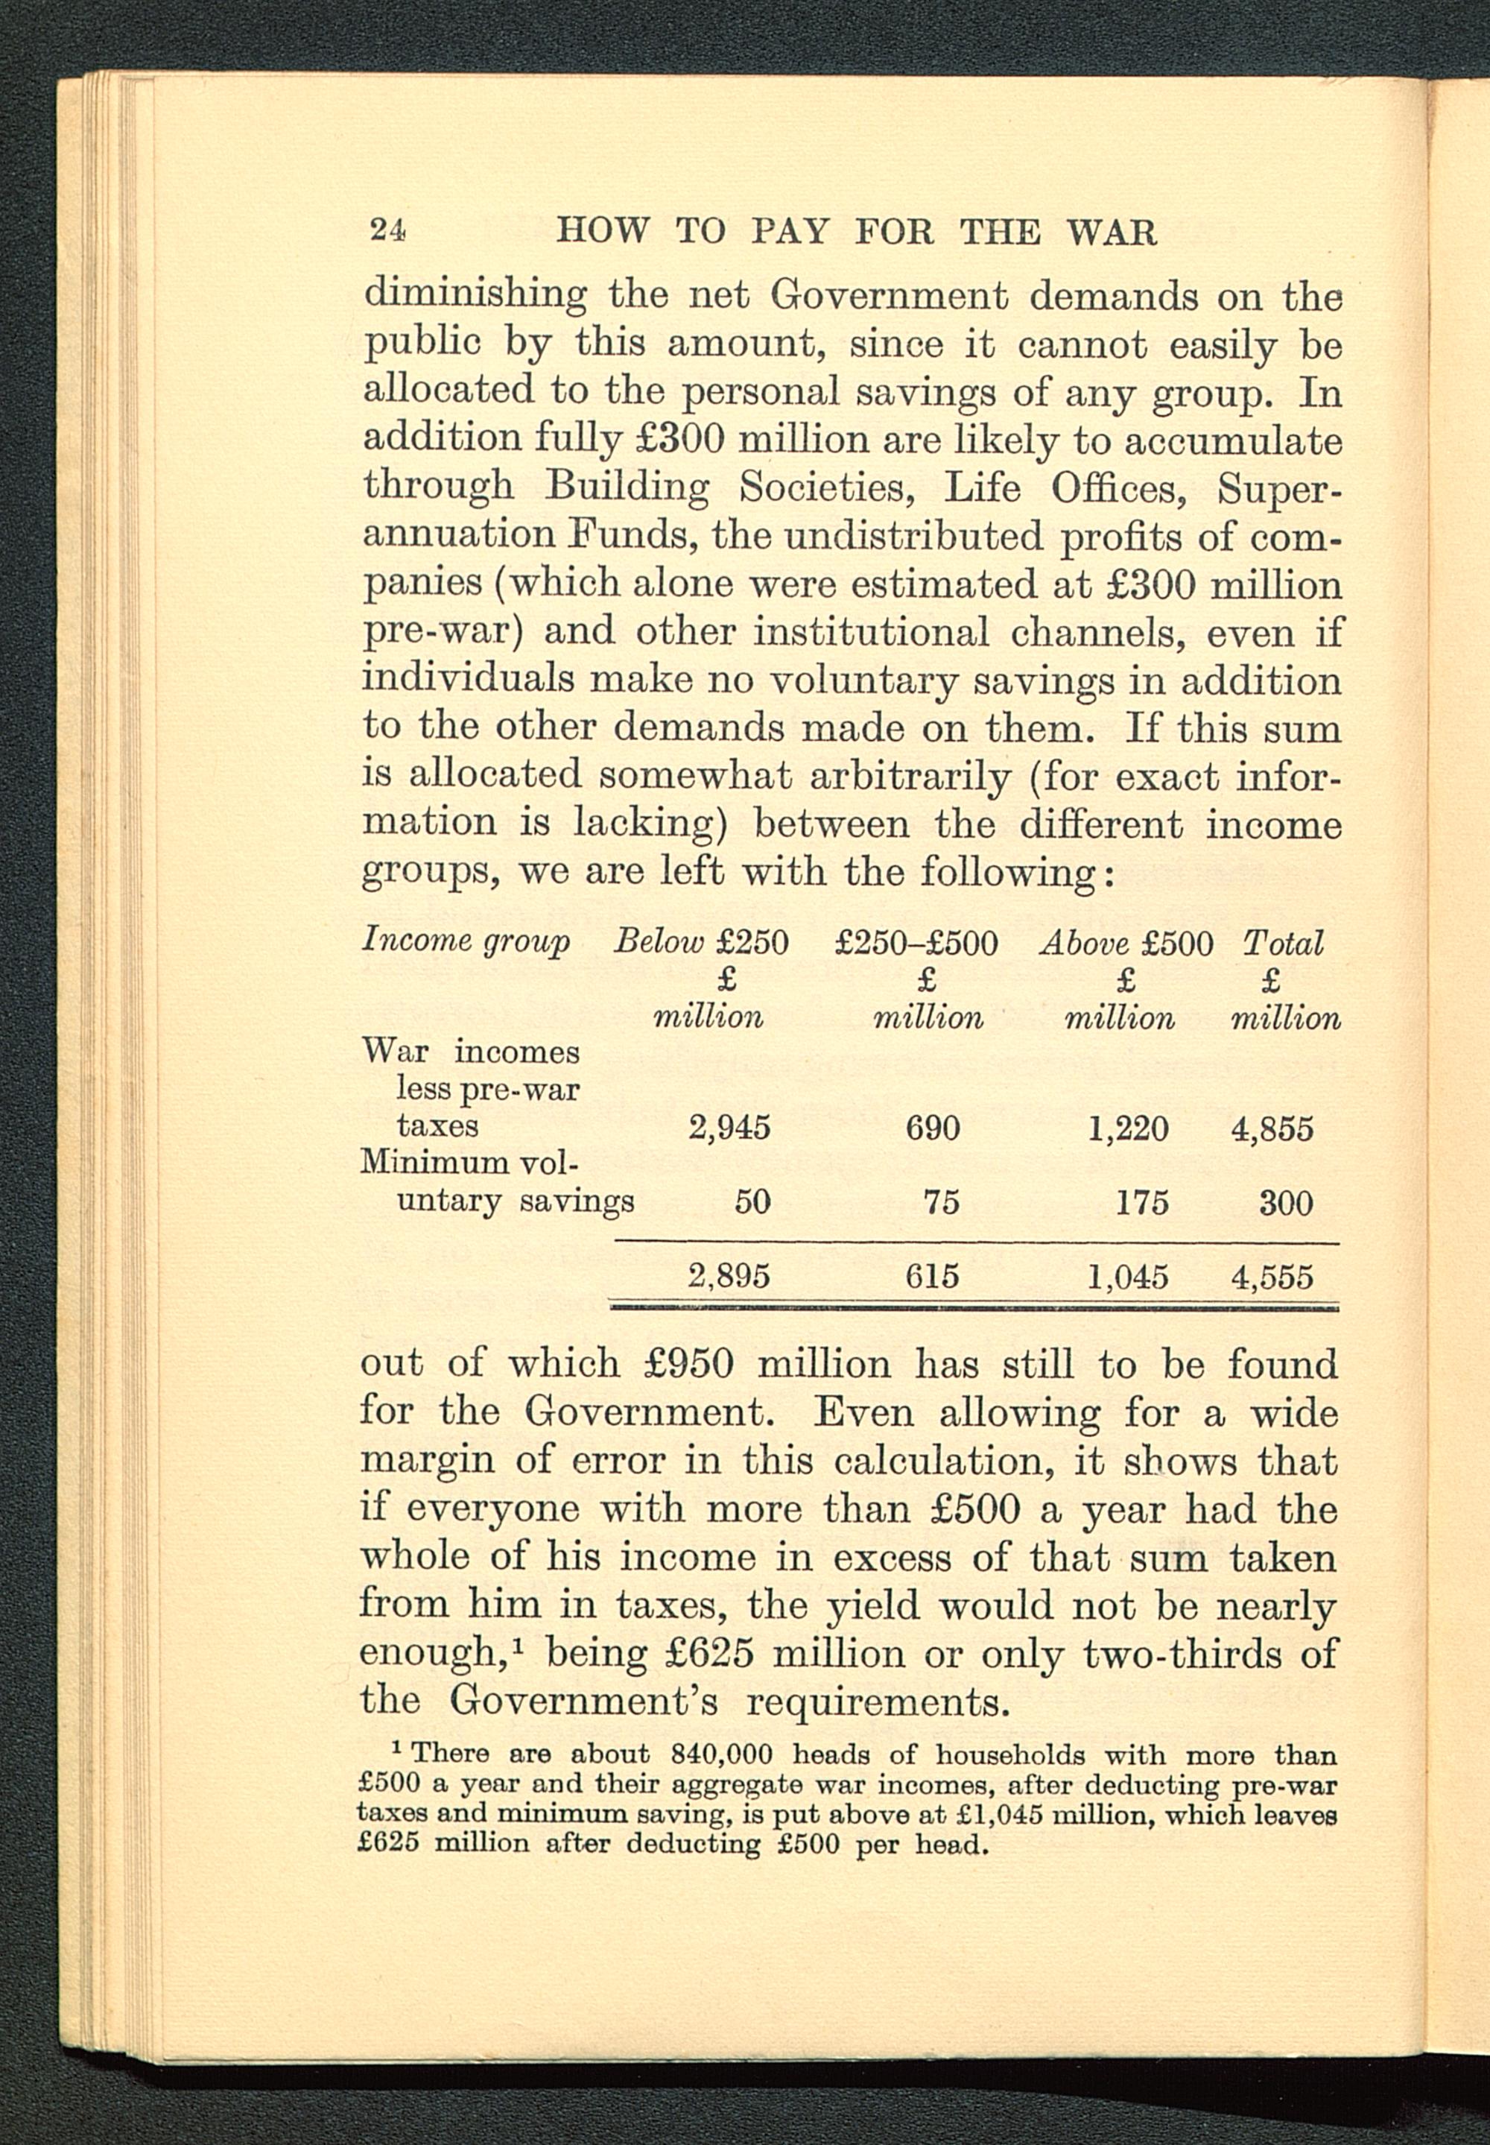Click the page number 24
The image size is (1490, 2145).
pyautogui.click(x=387, y=229)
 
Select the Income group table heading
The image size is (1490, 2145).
pyautogui.click(x=465, y=941)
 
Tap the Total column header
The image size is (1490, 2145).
pyautogui.click(x=1283, y=943)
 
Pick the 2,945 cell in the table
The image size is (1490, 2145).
pyautogui.click(x=729, y=1128)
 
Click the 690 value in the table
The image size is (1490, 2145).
pyautogui.click(x=933, y=1128)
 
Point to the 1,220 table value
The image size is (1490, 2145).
pyautogui.click(x=1128, y=1128)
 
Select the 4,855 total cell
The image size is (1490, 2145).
pyautogui.click(x=1272, y=1128)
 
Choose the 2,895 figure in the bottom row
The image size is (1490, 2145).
pyautogui.click(x=729, y=1276)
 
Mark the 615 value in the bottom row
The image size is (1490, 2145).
pyautogui.click(x=933, y=1276)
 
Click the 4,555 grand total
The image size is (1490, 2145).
pyautogui.click(x=1272, y=1276)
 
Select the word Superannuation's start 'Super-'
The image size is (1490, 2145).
pyautogui.click(x=1280, y=488)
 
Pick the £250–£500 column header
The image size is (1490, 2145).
pyautogui.click(x=916, y=943)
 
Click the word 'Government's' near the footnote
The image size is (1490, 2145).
pyautogui.click(x=583, y=1701)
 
